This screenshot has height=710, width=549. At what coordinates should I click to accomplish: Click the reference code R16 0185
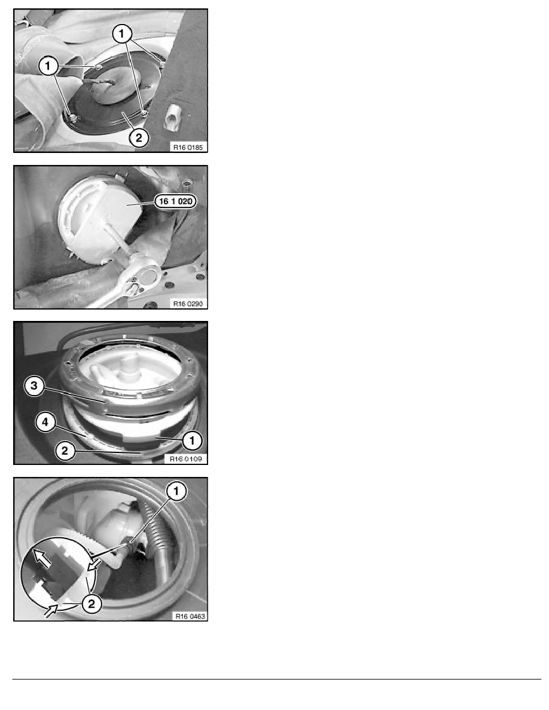coord(188,146)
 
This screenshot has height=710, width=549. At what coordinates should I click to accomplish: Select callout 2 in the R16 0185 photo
coord(139,137)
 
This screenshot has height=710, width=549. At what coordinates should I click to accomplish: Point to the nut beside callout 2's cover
coord(144,112)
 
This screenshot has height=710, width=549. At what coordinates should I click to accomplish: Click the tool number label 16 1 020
coord(176,201)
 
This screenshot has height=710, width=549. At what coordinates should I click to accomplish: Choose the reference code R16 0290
coord(188,303)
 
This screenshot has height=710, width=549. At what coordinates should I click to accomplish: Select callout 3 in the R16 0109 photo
coord(33,386)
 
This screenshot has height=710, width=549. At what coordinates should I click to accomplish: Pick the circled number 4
coord(45,422)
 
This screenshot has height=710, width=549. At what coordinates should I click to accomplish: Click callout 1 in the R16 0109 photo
coord(192,439)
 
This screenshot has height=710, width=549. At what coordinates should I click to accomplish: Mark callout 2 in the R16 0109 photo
coord(65,451)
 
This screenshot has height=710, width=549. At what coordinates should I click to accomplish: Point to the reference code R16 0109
coord(186,459)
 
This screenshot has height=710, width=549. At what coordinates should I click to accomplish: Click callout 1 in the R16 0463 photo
coord(176,491)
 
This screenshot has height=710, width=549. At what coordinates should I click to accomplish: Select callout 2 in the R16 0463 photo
coord(91,603)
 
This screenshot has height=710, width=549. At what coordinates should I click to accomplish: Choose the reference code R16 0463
coord(190,616)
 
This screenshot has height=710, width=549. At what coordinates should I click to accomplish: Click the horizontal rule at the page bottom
coord(277,679)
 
